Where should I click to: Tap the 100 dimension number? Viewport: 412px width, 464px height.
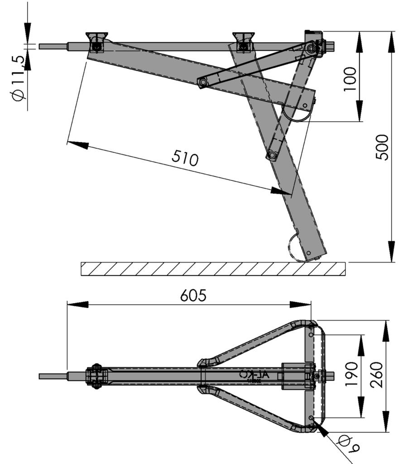350,79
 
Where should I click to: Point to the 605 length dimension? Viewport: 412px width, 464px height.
193,295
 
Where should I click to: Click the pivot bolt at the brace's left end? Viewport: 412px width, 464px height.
202,82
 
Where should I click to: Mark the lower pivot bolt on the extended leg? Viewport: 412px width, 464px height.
272,155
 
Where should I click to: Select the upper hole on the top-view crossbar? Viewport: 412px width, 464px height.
311,334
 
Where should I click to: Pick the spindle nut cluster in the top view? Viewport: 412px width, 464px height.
96,376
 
